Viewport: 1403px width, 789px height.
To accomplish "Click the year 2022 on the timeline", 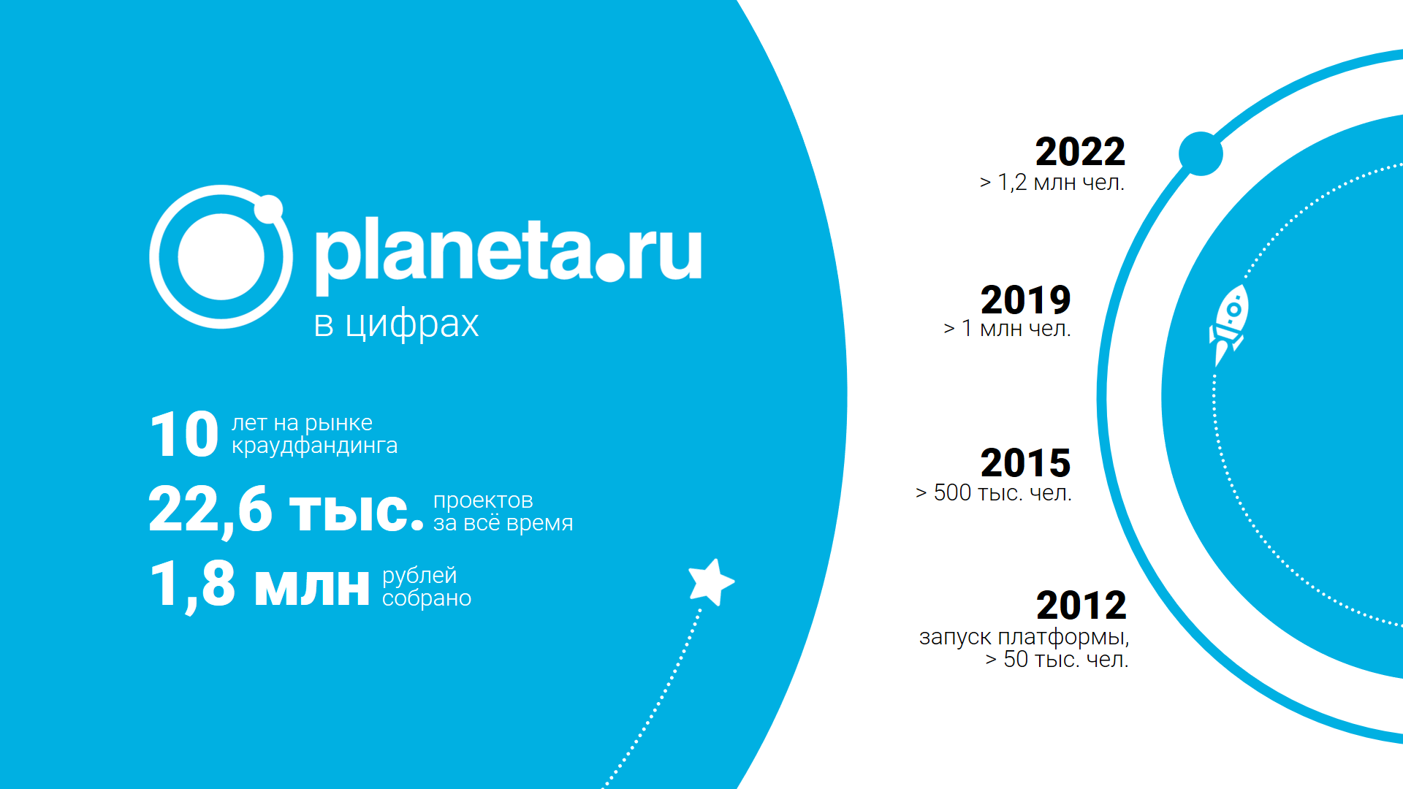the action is [1080, 152].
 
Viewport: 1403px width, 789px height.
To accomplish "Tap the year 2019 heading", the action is [1025, 300].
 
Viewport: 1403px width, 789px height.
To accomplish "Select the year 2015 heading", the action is [1025, 463].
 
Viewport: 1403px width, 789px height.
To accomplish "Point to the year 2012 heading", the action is [1081, 606].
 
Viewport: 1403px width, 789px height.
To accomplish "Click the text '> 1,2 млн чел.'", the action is [1052, 183].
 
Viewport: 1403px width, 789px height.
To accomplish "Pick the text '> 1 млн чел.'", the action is [1007, 329].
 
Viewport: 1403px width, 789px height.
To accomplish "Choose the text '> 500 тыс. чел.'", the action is [994, 493].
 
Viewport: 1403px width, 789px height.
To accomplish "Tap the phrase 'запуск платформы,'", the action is [1024, 638].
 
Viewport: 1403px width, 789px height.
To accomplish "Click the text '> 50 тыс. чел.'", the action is [1057, 660].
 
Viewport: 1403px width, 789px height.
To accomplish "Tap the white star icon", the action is [710, 582].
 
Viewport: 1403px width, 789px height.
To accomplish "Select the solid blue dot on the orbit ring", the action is [1201, 153].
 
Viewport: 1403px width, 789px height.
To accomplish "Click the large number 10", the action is [184, 435].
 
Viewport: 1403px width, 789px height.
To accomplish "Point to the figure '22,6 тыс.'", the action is [286, 509].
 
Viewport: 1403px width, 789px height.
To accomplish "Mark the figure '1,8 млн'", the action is [259, 584].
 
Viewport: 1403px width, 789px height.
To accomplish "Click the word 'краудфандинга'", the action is [314, 446].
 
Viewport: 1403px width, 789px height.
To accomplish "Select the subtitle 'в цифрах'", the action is [396, 324].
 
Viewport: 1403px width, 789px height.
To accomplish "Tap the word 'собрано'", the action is [427, 598].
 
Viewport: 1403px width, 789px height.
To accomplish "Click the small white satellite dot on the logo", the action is [270, 208].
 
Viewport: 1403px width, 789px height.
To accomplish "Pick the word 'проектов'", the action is [483, 501].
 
